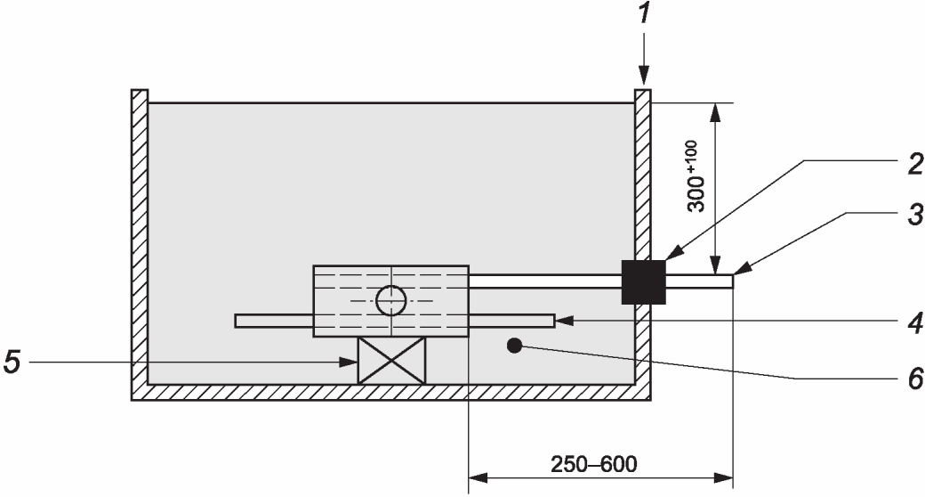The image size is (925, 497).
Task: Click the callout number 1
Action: click(x=644, y=12)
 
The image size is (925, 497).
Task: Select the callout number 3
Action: click(x=915, y=216)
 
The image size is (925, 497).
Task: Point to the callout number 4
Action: click(x=915, y=324)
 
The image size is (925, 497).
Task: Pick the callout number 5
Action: click(x=12, y=361)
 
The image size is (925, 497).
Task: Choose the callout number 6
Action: click(x=915, y=379)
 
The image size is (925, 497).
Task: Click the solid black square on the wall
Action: click(x=644, y=281)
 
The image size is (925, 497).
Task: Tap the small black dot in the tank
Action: click(x=515, y=346)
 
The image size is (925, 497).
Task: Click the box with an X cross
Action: click(x=391, y=361)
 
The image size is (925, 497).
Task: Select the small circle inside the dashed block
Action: click(x=391, y=301)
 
